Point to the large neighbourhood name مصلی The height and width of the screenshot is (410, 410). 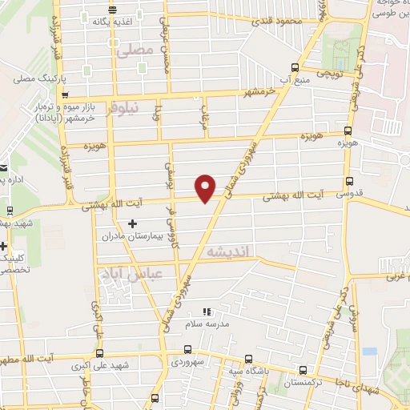134,50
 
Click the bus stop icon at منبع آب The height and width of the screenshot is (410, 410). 294,67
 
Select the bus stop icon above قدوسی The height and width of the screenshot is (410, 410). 349,182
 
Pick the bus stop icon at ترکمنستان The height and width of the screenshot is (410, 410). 302,370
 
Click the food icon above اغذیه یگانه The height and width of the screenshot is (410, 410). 111,10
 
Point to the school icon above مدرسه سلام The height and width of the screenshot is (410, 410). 206,311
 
